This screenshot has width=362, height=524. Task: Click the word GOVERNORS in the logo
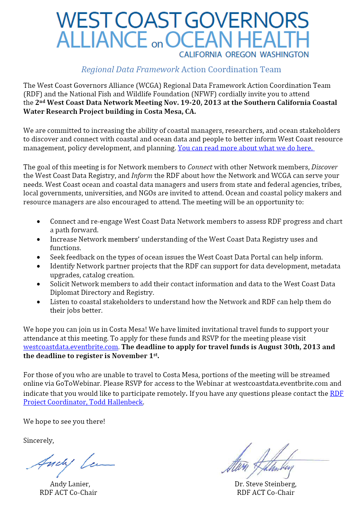247,20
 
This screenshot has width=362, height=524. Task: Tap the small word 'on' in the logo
157,44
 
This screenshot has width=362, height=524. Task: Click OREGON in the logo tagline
241,54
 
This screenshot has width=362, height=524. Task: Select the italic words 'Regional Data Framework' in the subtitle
130,70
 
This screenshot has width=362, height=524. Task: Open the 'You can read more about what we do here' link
246,148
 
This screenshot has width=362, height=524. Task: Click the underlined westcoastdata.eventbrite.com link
71,347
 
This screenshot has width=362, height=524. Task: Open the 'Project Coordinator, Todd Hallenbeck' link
83,402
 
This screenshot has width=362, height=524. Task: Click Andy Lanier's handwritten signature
70,463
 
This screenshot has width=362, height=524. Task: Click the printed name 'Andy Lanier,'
70,484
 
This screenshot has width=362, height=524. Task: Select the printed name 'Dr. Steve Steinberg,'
265,484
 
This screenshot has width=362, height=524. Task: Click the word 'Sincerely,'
38,440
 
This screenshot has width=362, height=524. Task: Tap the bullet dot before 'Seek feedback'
38,257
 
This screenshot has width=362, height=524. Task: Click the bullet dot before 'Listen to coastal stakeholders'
38,302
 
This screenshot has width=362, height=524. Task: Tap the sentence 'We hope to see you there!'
64,421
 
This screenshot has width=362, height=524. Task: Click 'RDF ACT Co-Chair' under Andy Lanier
68,493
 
